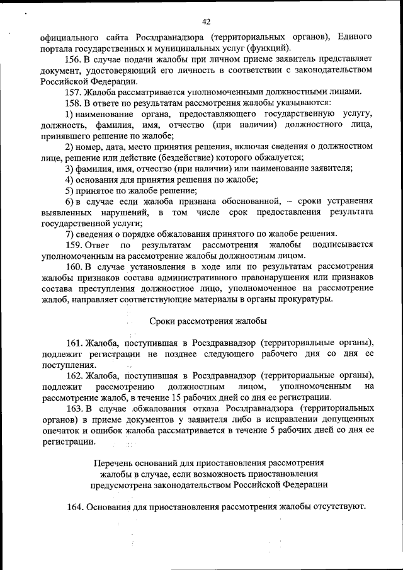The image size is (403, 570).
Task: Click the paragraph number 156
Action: click(x=74, y=58)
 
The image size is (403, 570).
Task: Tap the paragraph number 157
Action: click(x=74, y=91)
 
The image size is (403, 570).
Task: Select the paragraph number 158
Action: click(x=74, y=102)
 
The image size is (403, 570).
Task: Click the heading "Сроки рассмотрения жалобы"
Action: click(x=208, y=321)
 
